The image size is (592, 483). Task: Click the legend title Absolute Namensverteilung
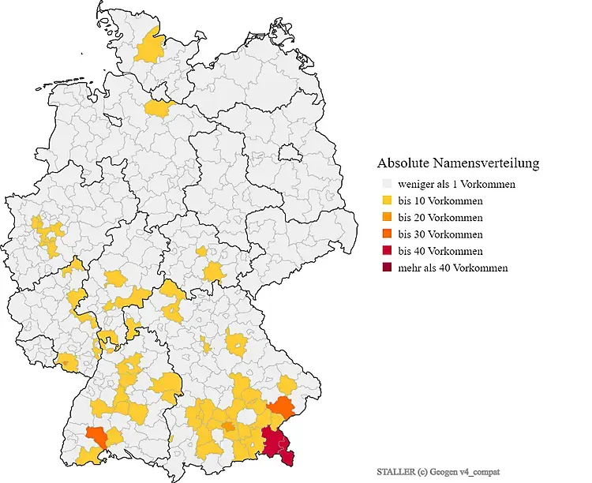pyautogui.click(x=458, y=163)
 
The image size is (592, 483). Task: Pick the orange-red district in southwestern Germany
pyautogui.click(x=97, y=434)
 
